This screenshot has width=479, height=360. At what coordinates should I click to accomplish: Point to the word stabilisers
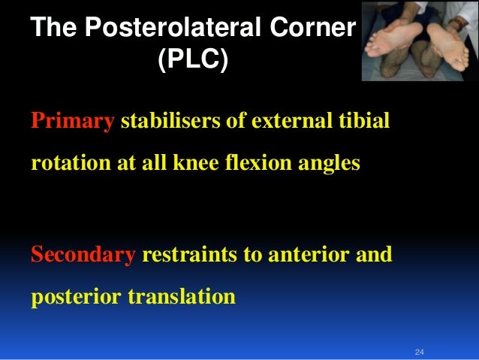point(168,122)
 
